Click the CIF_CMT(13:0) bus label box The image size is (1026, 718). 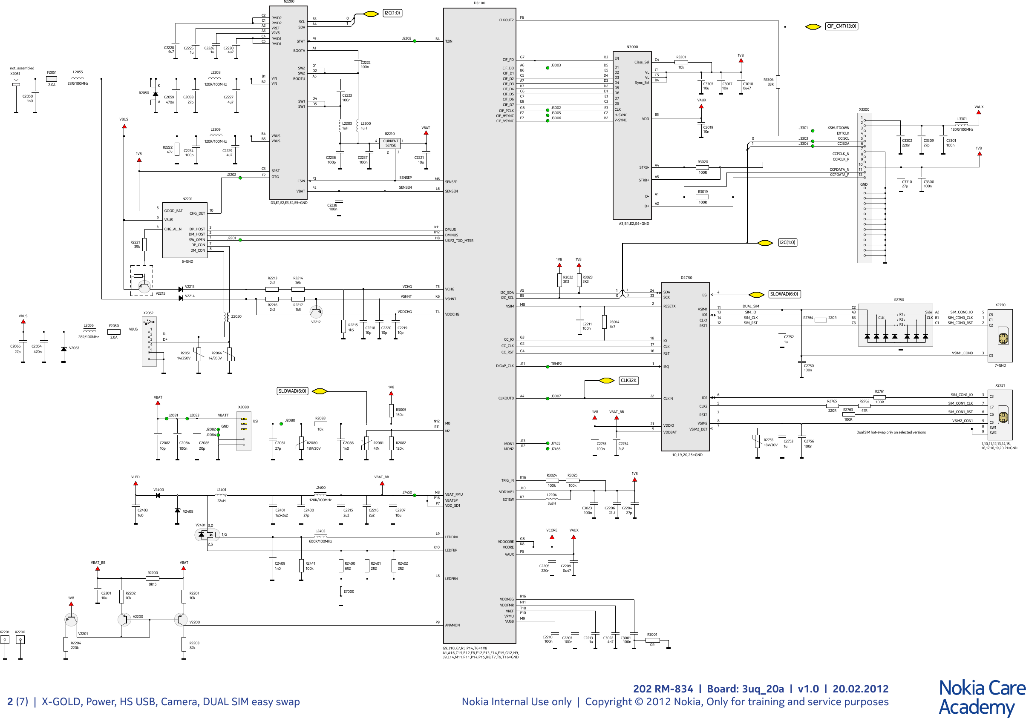[841, 26]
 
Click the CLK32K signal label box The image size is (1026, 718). [628, 380]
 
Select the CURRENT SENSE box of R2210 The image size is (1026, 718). [391, 144]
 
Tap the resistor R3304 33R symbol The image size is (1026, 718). [778, 82]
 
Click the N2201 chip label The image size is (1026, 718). [187, 199]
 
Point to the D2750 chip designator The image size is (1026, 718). [686, 278]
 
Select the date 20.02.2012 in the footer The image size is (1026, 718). [860, 689]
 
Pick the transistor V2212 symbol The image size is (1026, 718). [316, 311]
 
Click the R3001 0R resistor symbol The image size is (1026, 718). [652, 640]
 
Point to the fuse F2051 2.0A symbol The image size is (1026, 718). [52, 79]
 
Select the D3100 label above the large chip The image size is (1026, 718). [479, 3]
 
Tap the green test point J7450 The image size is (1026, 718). [415, 495]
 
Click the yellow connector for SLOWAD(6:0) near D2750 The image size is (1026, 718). [756, 294]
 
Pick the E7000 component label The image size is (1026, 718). [349, 591]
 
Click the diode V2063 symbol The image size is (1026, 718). [63, 349]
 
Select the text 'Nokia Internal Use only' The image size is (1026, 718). [516, 701]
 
